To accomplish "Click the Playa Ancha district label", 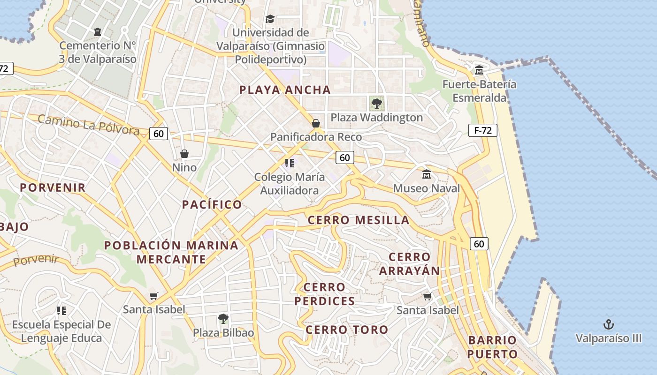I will pos(285,90).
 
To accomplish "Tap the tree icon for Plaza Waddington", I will pos(376,103).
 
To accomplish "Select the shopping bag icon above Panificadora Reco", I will pos(316,123).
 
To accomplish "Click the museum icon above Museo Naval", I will pos(427,174).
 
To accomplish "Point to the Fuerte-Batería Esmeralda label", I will pos(479,91).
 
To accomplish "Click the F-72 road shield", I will pos(482,130).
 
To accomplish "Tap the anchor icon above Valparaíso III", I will pos(608,324).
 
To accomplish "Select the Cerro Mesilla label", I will pos(359,220).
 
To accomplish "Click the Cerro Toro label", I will pos(347,330).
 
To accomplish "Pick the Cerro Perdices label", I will pos(325,294).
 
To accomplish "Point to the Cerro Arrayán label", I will pos(409,264).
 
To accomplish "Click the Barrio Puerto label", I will pos(492,347).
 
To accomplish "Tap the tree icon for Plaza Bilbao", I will pos(223,319).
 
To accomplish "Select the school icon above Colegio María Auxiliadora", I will pos(290,163).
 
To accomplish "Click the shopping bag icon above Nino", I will pos(184,154).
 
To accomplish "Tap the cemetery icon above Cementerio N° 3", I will pos(97,32).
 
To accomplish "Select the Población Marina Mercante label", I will pos(171,252).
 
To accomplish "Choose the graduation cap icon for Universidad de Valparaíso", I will pos(270,19).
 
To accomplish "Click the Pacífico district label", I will pos(212,204).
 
